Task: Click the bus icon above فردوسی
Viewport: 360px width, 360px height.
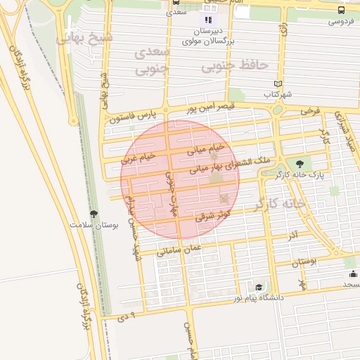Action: [341, 11]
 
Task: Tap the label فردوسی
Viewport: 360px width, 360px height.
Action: [341, 22]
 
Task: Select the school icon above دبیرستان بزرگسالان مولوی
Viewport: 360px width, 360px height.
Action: [207, 20]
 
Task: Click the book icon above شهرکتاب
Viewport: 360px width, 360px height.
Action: [278, 84]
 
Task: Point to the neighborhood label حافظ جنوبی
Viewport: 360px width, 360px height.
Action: [235, 66]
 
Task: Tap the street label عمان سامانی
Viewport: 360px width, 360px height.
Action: [179, 249]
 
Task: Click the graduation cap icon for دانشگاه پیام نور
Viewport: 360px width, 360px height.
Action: [259, 288]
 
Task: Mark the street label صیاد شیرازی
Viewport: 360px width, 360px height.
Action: [347, 131]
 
